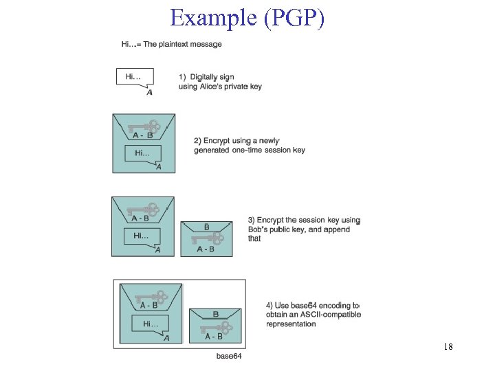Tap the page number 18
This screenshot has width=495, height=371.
[x=448, y=347]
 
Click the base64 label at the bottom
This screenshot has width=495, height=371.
[x=229, y=355]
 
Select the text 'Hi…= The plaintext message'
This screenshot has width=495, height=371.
[x=172, y=44]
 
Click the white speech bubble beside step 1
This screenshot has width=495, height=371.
[x=134, y=77]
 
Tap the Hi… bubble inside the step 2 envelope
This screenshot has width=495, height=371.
[x=143, y=153]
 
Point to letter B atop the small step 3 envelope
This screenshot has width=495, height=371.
[x=207, y=227]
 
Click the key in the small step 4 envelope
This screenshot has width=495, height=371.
[x=217, y=326]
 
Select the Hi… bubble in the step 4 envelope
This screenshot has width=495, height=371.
[x=151, y=324]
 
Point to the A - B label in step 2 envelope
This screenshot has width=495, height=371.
[x=143, y=136]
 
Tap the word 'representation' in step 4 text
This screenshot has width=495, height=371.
[x=291, y=324]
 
